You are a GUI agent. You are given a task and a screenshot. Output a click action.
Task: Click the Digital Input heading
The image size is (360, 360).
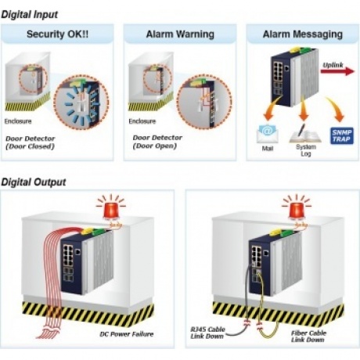pos(30,15)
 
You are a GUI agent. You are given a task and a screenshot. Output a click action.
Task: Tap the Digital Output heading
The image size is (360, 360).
pos(34,182)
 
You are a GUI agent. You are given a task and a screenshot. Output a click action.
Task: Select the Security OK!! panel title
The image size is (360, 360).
pos(57,34)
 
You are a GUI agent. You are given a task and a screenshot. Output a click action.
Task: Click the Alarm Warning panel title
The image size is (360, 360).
pos(180,34)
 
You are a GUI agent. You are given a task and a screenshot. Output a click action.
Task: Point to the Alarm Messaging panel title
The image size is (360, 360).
pos(303,34)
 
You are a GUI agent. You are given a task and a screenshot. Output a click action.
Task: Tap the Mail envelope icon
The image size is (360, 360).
pos(267,134)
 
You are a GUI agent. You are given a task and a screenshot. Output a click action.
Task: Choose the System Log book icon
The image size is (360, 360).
pos(304,134)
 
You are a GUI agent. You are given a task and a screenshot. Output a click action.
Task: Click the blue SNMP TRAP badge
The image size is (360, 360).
pos(342,135)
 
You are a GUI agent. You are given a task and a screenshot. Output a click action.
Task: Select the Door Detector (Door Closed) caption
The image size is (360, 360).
pos(31,142)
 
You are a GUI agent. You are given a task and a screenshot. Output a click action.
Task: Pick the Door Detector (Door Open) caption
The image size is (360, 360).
pos(157,142)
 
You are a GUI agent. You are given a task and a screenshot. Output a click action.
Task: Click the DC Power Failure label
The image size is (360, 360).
pos(127,334)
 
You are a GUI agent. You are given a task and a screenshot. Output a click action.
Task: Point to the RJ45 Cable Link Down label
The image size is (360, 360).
pos(207,333)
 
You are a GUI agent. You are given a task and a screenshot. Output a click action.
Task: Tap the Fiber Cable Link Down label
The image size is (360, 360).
pos(308,337)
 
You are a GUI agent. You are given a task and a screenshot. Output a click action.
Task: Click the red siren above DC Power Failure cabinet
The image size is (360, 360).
pos(111,209)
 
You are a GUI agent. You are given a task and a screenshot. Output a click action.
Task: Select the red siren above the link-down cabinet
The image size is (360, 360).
pos(297,209)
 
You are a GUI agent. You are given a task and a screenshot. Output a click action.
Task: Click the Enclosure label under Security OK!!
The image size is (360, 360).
pos(18,121)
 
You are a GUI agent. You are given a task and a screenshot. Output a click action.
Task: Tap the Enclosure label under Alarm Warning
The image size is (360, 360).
pos(142,121)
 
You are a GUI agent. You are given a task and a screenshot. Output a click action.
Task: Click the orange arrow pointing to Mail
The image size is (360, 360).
pos(272,108)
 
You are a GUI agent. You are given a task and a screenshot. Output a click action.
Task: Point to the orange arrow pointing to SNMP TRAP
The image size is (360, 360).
pos(336,109)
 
